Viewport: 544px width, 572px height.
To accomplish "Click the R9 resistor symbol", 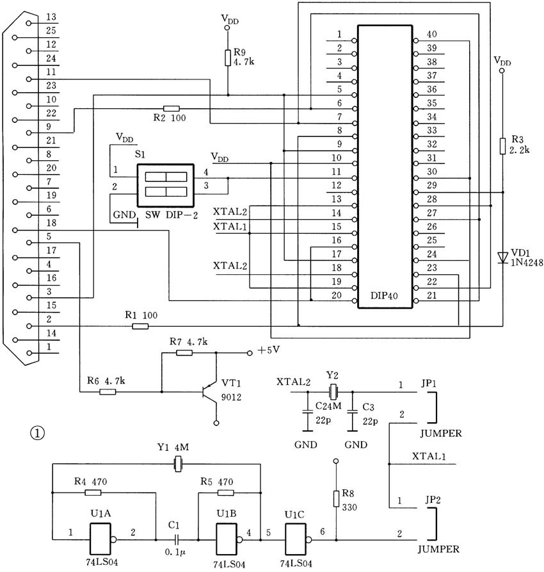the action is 227,58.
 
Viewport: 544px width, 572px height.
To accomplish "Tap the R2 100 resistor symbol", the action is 172,108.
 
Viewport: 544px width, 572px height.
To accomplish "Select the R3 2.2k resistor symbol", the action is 502,146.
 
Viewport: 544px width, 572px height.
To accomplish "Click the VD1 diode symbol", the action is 503,257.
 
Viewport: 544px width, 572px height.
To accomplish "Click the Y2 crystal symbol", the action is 333,392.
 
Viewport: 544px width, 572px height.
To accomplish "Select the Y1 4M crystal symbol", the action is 177,464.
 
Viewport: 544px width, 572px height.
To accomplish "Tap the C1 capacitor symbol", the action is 177,540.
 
